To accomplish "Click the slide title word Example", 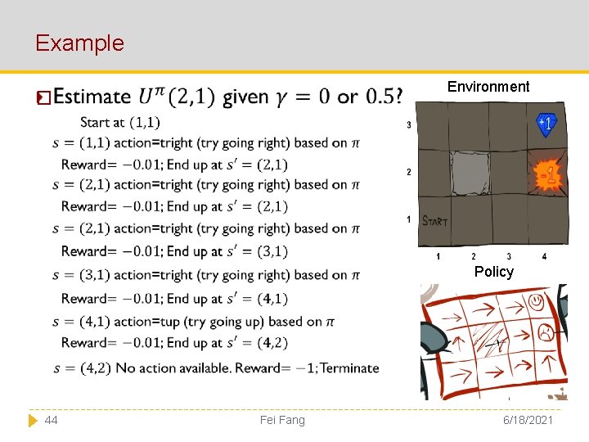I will tap(79, 43).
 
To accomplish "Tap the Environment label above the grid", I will tap(488, 87).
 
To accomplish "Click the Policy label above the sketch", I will tap(493, 271).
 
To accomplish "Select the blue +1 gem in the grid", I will tap(546, 124).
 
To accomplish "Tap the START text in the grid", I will tap(434, 220).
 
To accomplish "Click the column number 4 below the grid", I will tap(544, 257).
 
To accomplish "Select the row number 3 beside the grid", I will tap(408, 125).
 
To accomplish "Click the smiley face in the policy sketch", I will tap(536, 302).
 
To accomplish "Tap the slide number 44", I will tap(51, 420).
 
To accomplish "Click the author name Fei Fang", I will tap(282, 420).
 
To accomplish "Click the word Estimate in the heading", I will tap(91, 97).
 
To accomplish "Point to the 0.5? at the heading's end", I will tap(384, 97).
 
